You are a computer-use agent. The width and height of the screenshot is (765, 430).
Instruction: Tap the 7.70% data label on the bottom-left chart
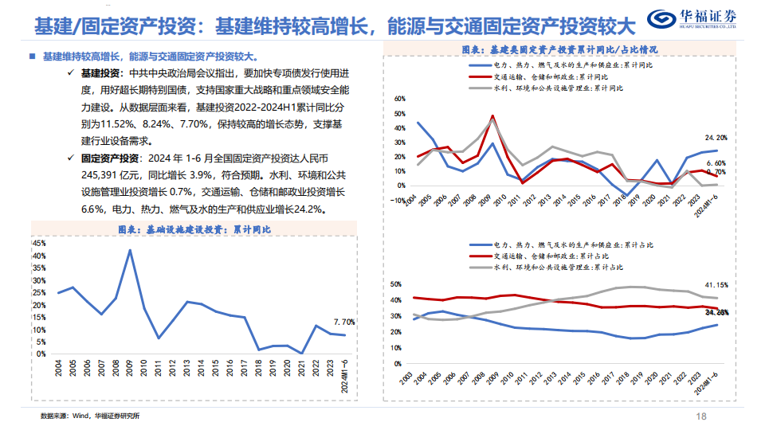343,322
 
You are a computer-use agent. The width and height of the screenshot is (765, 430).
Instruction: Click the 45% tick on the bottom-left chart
41,242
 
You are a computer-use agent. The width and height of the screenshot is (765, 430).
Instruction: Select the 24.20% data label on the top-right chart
716,138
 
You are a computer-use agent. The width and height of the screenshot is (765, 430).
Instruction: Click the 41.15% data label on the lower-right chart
714,284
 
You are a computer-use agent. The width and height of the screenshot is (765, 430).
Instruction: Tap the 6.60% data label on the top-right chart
716,162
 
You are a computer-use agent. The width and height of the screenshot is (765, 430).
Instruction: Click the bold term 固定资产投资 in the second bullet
109,158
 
